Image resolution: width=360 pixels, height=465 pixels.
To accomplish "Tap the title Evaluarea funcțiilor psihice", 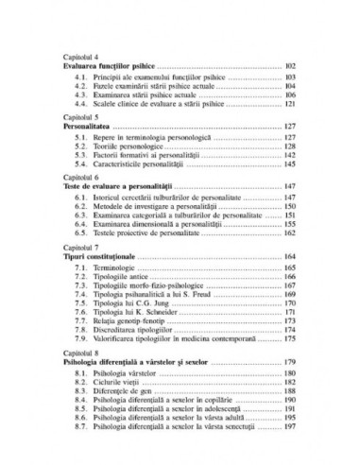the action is click(x=109, y=67).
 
